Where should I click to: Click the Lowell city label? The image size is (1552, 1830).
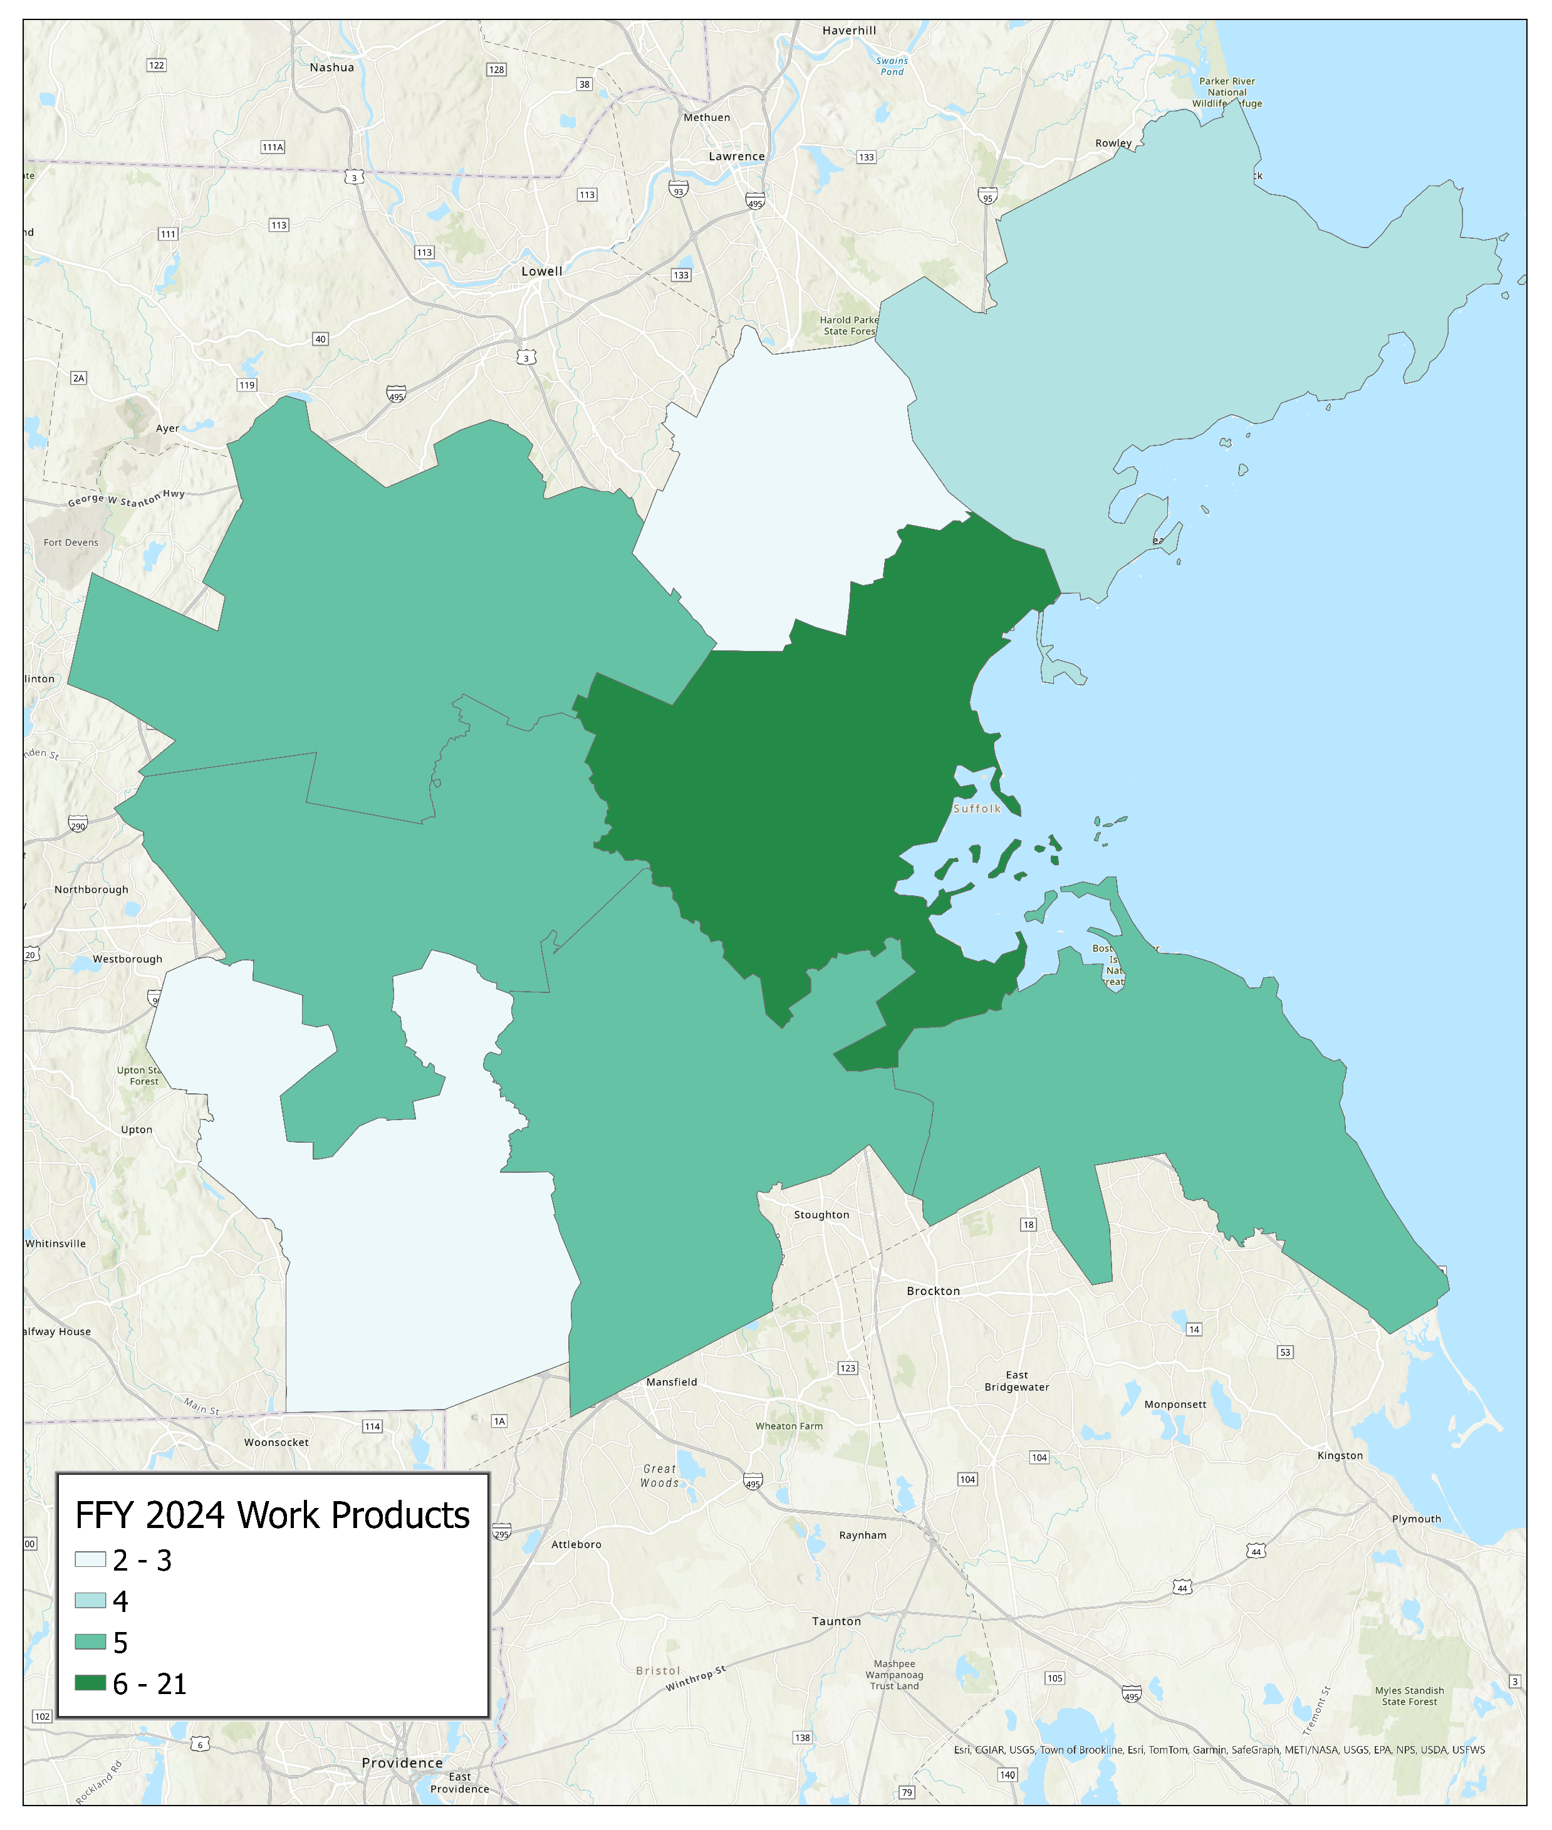coord(541,272)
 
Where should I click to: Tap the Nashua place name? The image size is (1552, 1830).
coord(331,68)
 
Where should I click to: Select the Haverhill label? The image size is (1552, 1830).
coord(849,31)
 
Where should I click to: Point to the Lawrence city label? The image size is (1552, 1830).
coord(736,157)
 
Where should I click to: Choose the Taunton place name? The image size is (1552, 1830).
coord(836,1621)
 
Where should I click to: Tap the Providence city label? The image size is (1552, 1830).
coord(402,1763)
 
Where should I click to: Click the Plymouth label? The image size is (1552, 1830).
coord(1415,1519)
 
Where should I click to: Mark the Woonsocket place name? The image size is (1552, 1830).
coord(276,1443)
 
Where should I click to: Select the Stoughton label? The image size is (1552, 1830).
coord(821,1215)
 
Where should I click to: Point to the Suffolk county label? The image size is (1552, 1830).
coord(977,809)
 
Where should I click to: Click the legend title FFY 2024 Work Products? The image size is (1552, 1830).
coord(272,1515)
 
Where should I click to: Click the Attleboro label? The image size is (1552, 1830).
coord(576,1545)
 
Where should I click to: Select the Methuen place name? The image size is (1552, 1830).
coord(707,118)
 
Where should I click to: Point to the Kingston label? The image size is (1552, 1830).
coord(1339,1456)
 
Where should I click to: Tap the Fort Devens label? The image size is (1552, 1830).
coord(71,543)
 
